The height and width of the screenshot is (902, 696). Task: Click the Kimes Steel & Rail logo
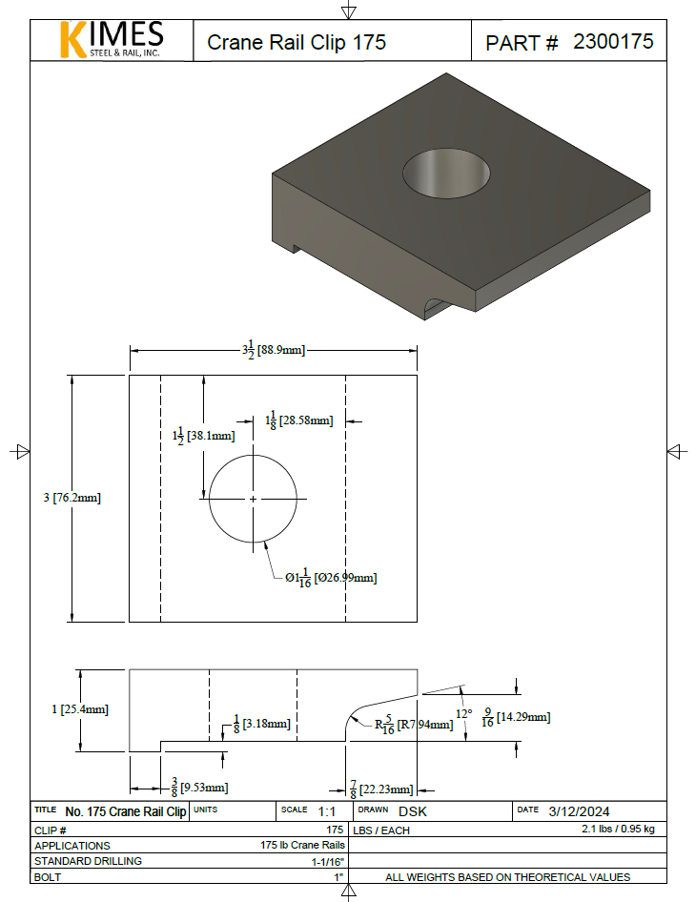point(112,40)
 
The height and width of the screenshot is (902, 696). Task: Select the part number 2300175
point(613,42)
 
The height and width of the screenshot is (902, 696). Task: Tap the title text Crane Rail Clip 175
point(297,43)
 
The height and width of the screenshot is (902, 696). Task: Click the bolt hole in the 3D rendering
point(446,173)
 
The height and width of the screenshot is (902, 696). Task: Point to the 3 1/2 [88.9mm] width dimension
point(273,350)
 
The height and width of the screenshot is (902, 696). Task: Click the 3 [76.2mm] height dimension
point(72,498)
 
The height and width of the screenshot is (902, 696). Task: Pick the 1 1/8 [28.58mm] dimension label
point(298,420)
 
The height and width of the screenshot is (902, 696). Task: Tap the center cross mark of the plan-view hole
point(253,499)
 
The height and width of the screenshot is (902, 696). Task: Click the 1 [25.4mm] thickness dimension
point(80,709)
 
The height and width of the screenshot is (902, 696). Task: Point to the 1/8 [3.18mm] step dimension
point(261,724)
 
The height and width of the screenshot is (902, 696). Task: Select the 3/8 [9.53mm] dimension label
point(199,787)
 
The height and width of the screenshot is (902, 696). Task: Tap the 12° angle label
point(463,712)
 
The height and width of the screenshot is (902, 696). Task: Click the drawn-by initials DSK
point(412,810)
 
